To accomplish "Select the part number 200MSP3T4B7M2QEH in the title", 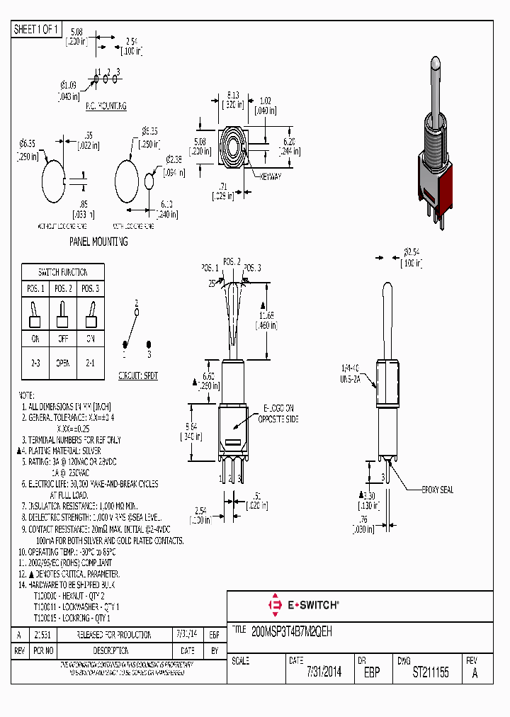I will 292,629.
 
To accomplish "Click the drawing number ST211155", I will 431,672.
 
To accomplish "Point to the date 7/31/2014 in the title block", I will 324,672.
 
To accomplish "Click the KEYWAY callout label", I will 270,176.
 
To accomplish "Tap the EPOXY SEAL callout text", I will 437,490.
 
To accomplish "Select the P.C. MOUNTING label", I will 106,106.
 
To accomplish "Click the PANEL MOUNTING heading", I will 98,242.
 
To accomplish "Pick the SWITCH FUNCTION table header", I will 63,272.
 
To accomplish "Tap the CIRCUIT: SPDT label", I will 137,376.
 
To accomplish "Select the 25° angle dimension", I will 212,283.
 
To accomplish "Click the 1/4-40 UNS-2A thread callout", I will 351,373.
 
